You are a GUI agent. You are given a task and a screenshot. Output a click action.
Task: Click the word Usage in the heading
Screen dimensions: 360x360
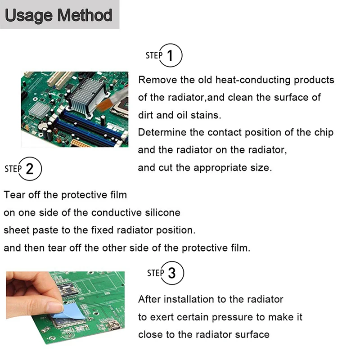click(x=29, y=16)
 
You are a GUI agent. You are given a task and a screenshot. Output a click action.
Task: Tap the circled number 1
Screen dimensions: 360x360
click(x=171, y=55)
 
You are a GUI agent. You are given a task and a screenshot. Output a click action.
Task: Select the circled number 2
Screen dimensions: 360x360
click(x=30, y=169)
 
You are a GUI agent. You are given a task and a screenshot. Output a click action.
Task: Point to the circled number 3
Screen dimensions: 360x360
click(x=172, y=273)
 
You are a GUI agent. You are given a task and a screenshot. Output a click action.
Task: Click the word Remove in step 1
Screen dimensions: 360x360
click(x=158, y=80)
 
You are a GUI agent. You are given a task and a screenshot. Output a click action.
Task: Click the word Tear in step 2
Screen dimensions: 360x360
click(x=14, y=195)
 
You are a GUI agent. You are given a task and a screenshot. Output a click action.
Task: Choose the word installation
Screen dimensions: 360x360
click(x=189, y=299)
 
